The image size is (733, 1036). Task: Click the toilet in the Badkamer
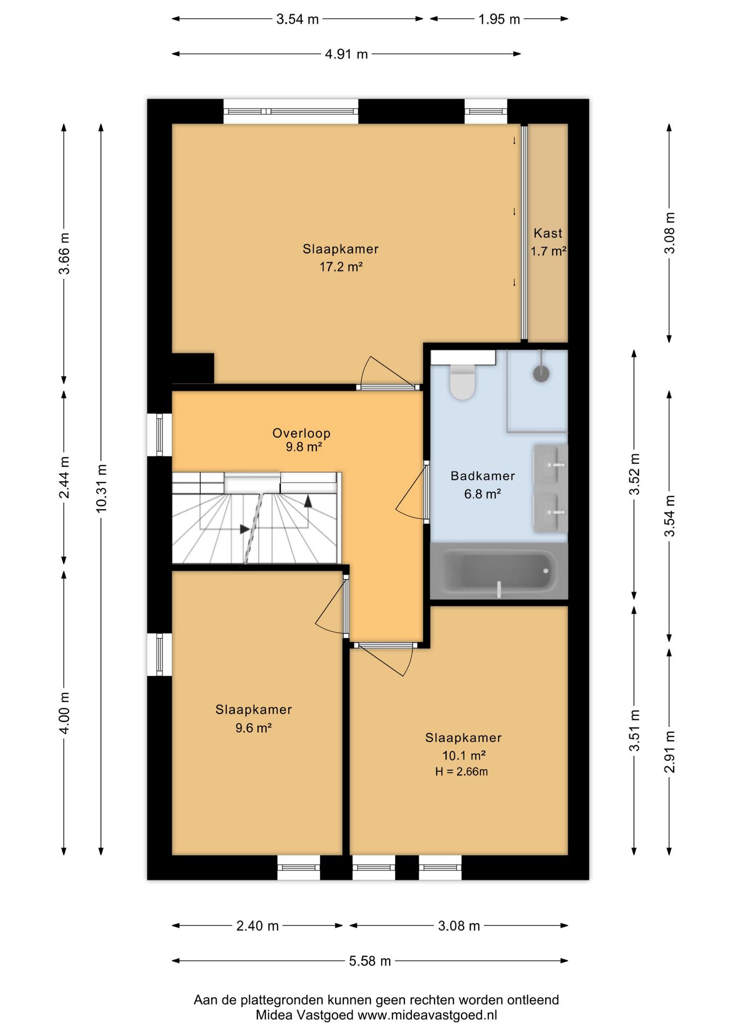pyautogui.click(x=463, y=381)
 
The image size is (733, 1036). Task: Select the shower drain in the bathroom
pyautogui.click(x=541, y=373)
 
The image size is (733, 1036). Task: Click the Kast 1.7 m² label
pyautogui.click(x=548, y=242)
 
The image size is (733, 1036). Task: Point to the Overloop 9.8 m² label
pyautogui.click(x=302, y=440)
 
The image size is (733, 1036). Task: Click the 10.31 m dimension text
pyautogui.click(x=101, y=488)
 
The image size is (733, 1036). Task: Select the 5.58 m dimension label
pyautogui.click(x=370, y=961)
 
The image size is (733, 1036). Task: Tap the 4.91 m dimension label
pyautogui.click(x=347, y=54)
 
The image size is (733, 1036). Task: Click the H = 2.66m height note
pyautogui.click(x=461, y=772)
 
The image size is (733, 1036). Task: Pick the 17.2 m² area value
pyautogui.click(x=341, y=267)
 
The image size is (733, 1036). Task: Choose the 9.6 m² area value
pyautogui.click(x=254, y=728)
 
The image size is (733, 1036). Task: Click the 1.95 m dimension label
pyautogui.click(x=499, y=19)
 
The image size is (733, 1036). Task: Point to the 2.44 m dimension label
pyautogui.click(x=64, y=478)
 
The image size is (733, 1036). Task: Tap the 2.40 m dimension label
pyautogui.click(x=257, y=926)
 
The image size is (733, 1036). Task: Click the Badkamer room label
pyautogui.click(x=483, y=476)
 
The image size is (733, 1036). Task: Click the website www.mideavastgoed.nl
pyautogui.click(x=427, y=1015)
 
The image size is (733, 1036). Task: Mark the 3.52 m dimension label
pyautogui.click(x=635, y=474)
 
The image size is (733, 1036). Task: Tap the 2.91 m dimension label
pyautogui.click(x=669, y=752)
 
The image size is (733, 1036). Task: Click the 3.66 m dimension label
pyautogui.click(x=64, y=254)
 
